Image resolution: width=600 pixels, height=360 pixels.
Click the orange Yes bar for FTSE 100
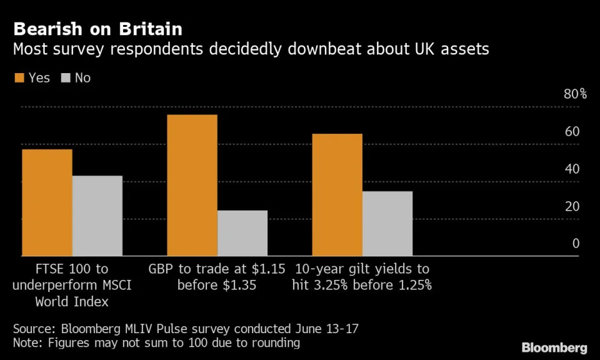(x=47, y=202)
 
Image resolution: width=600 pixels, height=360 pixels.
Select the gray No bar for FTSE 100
(x=97, y=216)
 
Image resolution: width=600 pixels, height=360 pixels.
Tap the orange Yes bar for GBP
(x=192, y=185)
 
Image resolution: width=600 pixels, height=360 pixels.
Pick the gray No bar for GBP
(x=242, y=233)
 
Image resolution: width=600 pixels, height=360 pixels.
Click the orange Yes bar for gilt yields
(x=337, y=195)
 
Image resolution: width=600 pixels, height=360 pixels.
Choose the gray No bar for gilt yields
(x=387, y=224)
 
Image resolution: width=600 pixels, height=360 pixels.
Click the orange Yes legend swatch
(x=19, y=78)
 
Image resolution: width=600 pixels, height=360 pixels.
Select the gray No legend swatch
(x=66, y=78)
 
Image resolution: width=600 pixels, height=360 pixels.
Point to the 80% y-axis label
(x=575, y=94)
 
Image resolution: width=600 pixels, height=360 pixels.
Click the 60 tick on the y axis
(x=572, y=132)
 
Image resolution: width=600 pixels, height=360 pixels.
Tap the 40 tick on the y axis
(x=572, y=169)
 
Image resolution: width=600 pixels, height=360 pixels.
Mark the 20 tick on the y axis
(x=572, y=206)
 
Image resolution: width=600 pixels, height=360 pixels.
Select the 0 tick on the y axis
(x=576, y=244)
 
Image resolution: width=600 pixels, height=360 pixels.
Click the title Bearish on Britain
(x=98, y=29)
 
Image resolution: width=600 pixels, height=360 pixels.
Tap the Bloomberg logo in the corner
(x=554, y=347)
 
